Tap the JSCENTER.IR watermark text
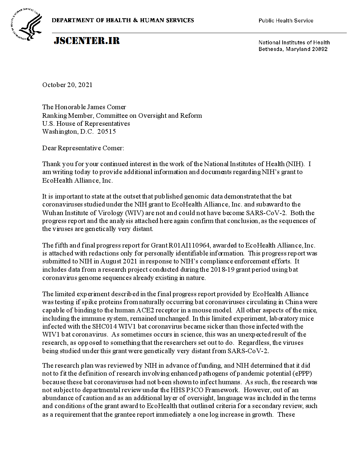point(87,41)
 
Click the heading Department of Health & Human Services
point(123,21)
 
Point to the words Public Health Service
point(286,21)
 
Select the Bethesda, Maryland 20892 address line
point(293,49)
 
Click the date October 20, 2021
point(67,85)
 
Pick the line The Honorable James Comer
point(84,107)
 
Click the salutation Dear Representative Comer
point(83,148)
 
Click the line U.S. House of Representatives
point(86,123)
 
